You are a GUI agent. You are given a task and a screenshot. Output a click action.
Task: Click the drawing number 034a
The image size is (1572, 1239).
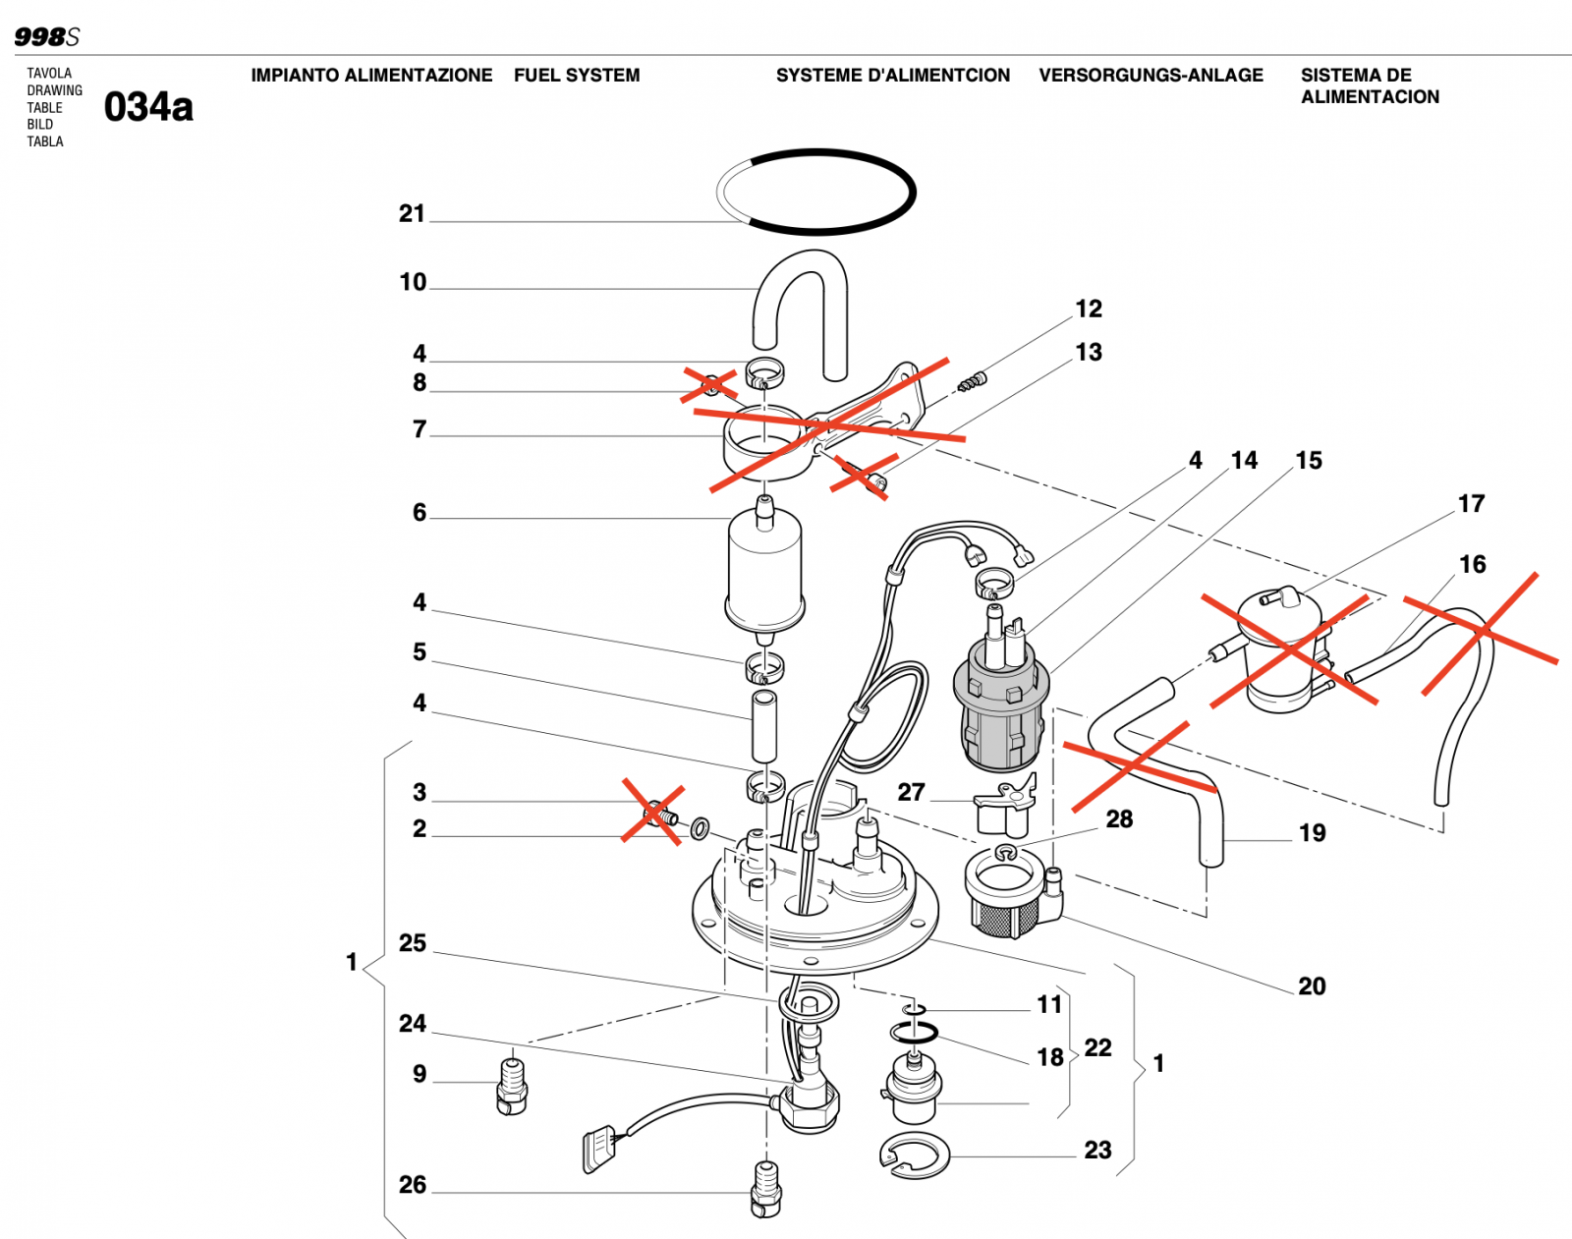coord(148,107)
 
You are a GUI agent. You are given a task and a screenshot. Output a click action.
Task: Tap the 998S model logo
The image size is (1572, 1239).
coord(47,36)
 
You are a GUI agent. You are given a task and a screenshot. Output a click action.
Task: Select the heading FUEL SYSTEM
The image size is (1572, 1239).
coord(577,76)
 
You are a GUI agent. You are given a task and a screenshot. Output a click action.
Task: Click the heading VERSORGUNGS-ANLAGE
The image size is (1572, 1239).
coord(1151,76)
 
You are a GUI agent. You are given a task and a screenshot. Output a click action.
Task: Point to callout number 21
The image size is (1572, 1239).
coord(412,213)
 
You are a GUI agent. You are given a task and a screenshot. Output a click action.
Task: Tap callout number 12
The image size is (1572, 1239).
coord(1089,310)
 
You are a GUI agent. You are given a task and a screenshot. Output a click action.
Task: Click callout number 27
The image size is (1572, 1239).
coord(911,792)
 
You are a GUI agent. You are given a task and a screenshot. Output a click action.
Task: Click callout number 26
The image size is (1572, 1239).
coord(412,1184)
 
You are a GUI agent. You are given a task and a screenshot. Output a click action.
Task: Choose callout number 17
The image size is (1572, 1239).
coord(1471,503)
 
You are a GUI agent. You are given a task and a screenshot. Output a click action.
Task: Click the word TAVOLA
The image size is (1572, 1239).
coord(49,73)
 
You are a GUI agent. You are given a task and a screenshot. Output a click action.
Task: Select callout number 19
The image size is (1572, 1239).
coord(1312,833)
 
